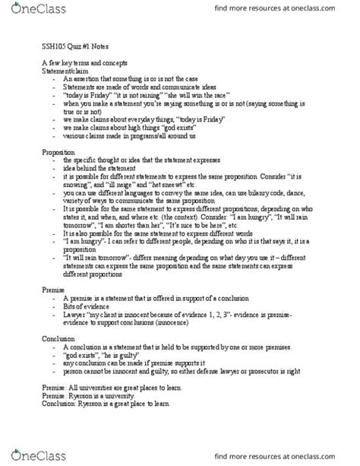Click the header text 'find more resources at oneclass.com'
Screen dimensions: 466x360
[x=287, y=10]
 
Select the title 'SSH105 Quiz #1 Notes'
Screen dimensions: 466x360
[x=71, y=45]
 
